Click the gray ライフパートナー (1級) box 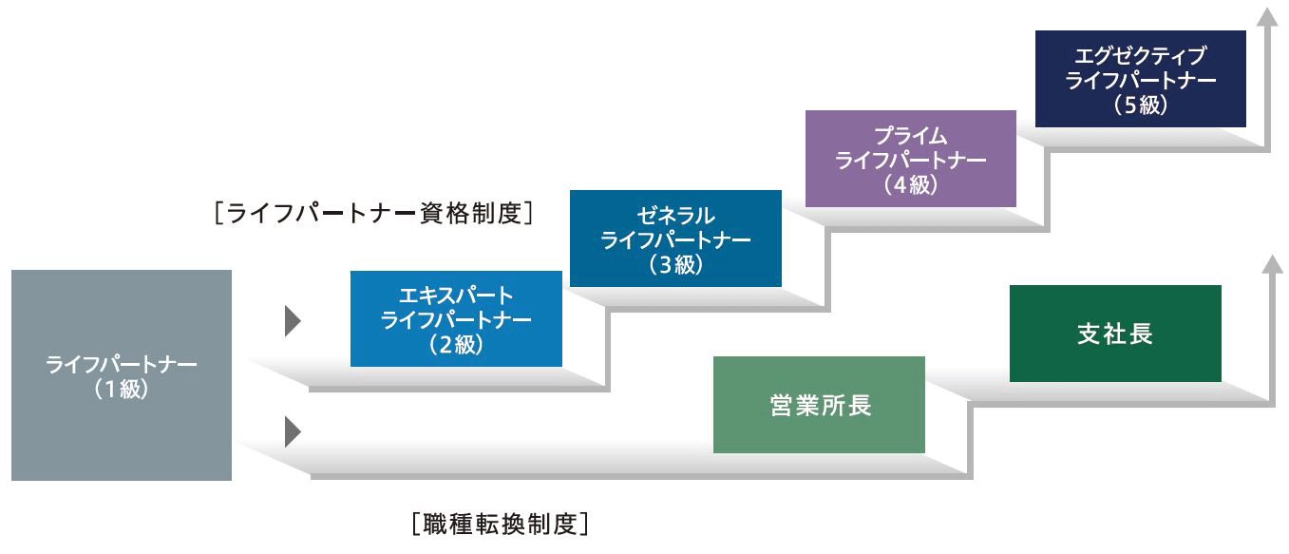coord(122,375)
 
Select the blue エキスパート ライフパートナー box coord(456,319)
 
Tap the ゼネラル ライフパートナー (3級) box coord(675,239)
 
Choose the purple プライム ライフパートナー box coord(910,159)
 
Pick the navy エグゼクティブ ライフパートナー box coord(1140,79)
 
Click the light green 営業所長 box coord(819,405)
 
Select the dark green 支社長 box coord(1115,334)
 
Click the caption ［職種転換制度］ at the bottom coord(501,524)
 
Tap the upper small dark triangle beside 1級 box coord(293,322)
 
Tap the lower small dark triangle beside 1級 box coord(293,432)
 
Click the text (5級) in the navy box coord(1140,105)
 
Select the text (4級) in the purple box coord(910,185)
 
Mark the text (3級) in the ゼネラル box coord(675,265)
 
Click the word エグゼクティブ coord(1140,55)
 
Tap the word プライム coord(910,135)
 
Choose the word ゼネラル coord(675,215)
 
